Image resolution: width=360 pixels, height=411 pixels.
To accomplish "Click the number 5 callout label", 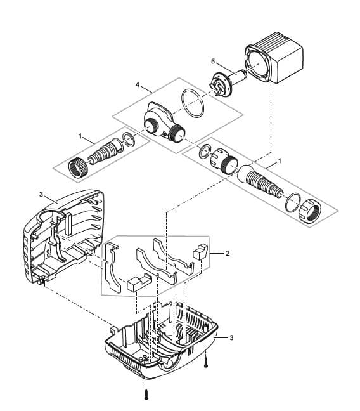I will (x=214, y=62).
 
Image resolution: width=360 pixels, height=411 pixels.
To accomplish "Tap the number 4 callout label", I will (x=137, y=84).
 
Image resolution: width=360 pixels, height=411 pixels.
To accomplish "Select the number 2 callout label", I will (x=228, y=252).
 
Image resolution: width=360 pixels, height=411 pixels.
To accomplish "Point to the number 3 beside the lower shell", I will (x=231, y=337).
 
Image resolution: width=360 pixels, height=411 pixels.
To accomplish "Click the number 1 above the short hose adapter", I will (x=80, y=135).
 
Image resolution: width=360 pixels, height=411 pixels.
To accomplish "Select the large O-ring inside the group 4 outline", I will (x=191, y=104).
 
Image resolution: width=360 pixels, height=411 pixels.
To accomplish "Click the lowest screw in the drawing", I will (x=147, y=394).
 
